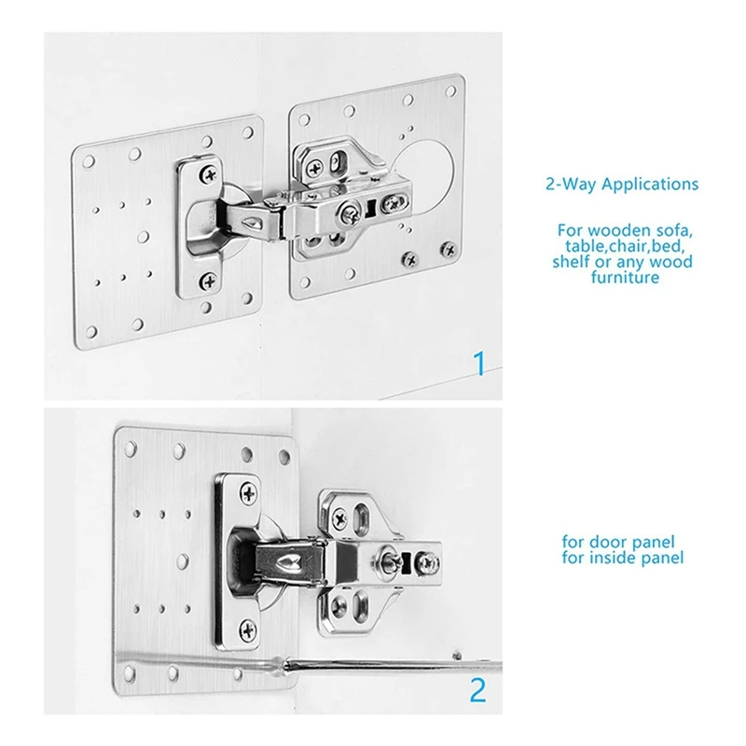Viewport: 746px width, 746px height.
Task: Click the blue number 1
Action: click(x=479, y=364)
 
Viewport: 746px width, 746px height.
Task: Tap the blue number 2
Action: click(x=477, y=691)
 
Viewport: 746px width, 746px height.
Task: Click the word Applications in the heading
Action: click(x=649, y=185)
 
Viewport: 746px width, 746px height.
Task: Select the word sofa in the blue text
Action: click(x=673, y=229)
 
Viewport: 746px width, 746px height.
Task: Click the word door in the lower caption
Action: click(x=602, y=542)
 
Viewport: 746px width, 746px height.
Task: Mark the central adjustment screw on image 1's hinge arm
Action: click(x=352, y=213)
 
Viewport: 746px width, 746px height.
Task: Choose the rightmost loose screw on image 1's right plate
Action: click(x=449, y=249)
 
